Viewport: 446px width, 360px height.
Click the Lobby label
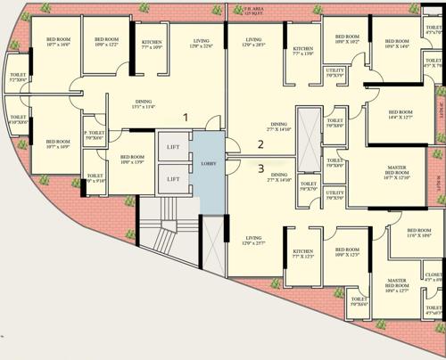[x=210, y=164]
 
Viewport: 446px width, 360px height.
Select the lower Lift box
[x=173, y=179]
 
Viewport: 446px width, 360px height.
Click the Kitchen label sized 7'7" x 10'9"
[x=152, y=45]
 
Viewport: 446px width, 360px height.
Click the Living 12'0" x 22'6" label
[x=201, y=45]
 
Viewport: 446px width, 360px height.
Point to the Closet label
[x=434, y=277]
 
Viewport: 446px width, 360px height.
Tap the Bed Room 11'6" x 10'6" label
[x=412, y=237]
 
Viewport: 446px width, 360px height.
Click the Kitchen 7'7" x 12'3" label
[x=303, y=255]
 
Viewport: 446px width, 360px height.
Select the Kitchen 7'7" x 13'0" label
[x=303, y=51]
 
